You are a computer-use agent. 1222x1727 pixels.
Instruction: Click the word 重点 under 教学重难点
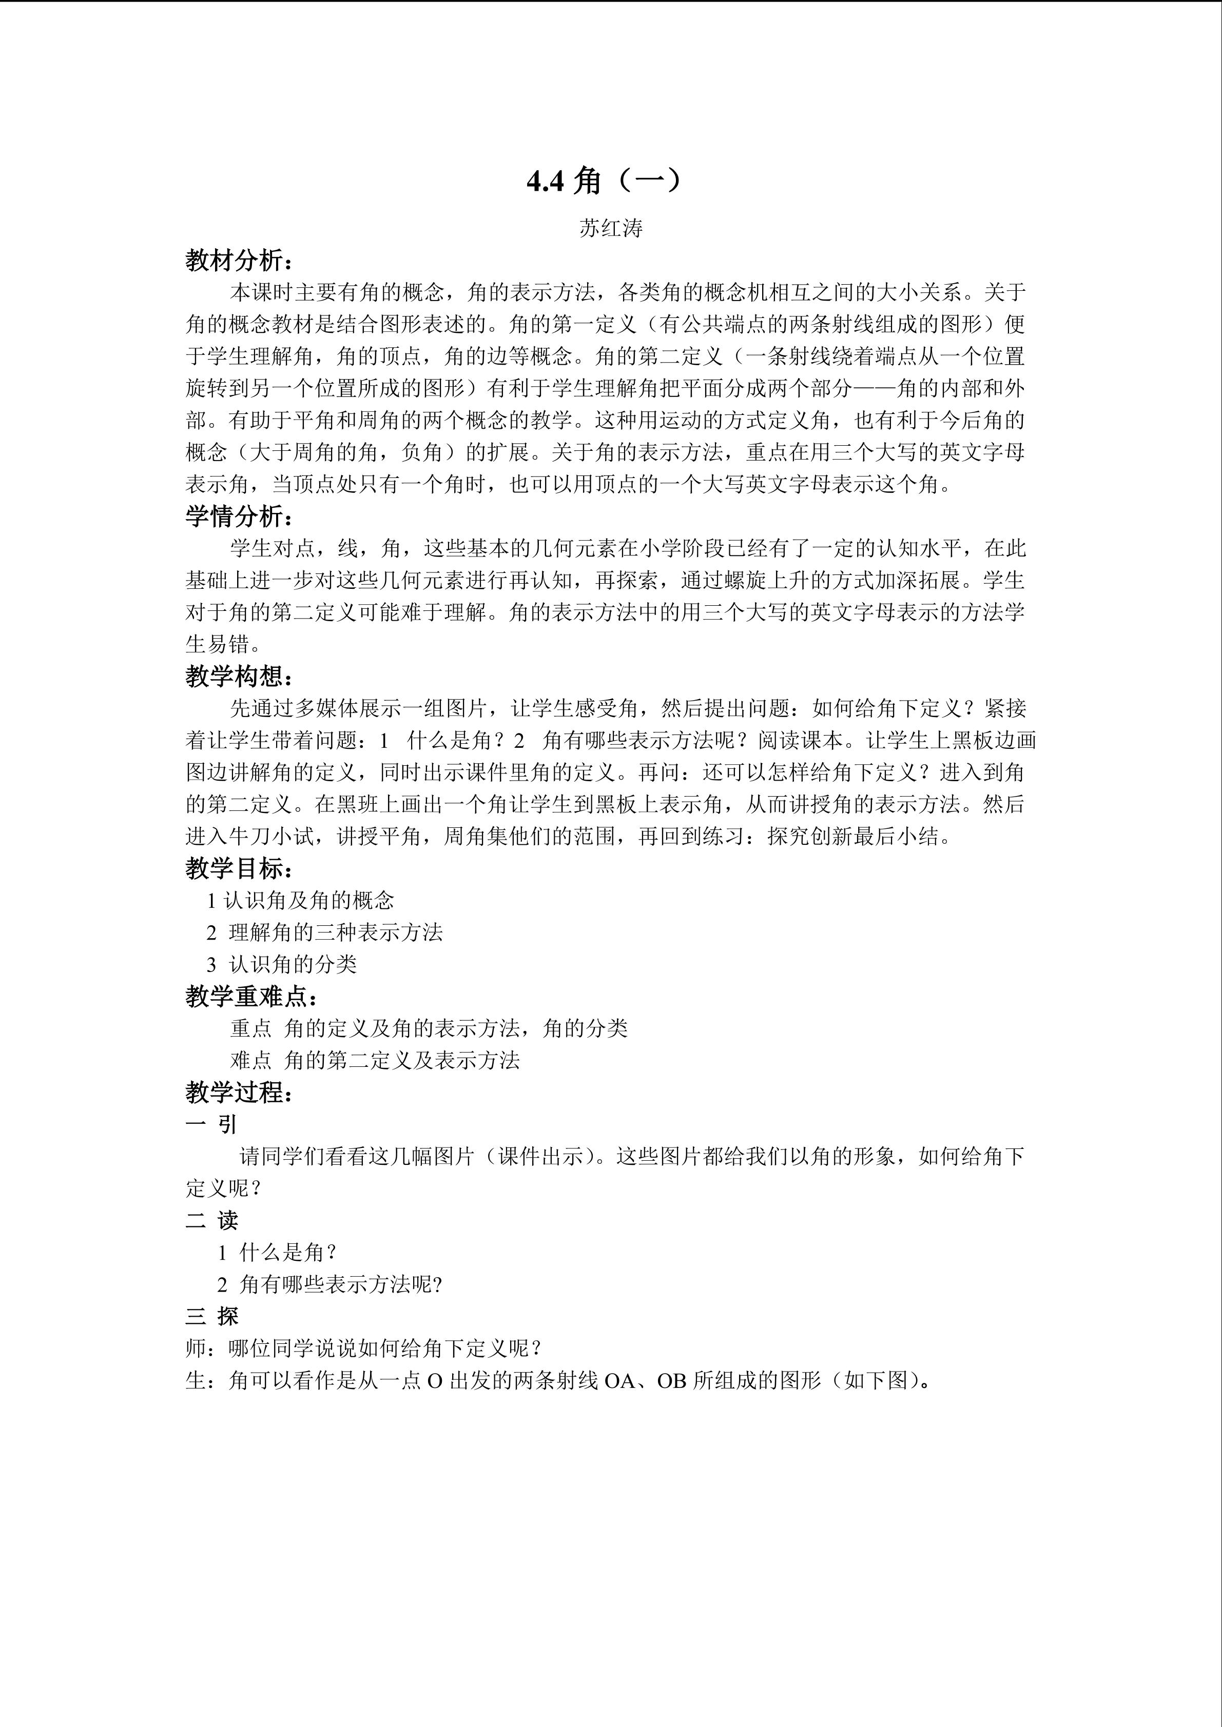250,1028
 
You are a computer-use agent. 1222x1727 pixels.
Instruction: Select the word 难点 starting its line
250,1061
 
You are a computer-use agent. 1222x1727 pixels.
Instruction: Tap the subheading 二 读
211,1220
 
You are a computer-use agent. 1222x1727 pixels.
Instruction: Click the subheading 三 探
211,1316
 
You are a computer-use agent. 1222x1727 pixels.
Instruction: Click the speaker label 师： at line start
200,1348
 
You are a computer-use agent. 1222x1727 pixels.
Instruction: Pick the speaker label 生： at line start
200,1380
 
